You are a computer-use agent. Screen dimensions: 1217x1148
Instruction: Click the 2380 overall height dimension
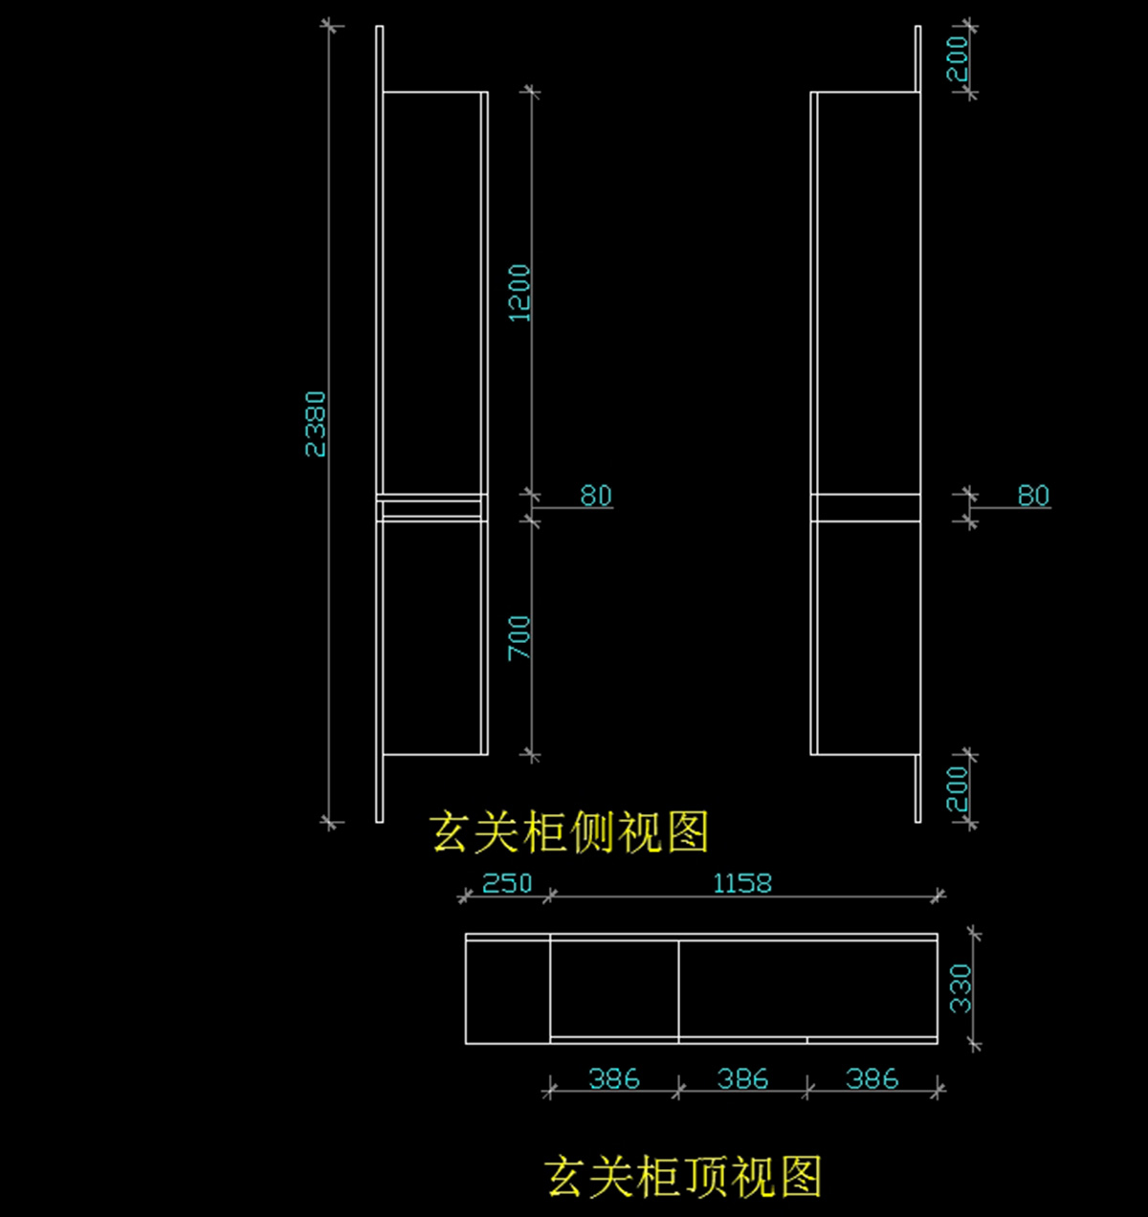316,424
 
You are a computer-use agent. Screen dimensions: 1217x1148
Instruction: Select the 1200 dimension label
519,293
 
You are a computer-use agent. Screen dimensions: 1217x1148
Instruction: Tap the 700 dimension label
519,637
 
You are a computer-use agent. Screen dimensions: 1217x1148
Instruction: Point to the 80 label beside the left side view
595,496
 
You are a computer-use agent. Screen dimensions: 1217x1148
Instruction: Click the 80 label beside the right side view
1033,496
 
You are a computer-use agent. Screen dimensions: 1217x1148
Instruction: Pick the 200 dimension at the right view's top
958,58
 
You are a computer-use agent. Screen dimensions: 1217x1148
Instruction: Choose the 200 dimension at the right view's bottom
958,788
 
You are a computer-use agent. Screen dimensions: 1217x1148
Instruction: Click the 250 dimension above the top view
507,883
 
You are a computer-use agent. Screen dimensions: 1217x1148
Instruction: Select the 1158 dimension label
742,883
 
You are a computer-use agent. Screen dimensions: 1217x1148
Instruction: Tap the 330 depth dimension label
960,988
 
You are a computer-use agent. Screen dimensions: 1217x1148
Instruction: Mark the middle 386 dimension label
742,1079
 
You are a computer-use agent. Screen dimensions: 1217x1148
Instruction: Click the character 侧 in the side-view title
592,832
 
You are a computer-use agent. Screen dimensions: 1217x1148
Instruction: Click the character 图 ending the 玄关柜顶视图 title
801,1177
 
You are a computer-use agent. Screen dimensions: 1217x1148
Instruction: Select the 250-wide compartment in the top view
508,988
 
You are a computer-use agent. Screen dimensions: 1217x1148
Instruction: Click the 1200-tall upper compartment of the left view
431,293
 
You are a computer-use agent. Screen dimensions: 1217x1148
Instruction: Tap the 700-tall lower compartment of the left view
431,637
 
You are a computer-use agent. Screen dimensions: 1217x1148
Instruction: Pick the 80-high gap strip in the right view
866,507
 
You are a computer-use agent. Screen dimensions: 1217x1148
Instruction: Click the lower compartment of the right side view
866,637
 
